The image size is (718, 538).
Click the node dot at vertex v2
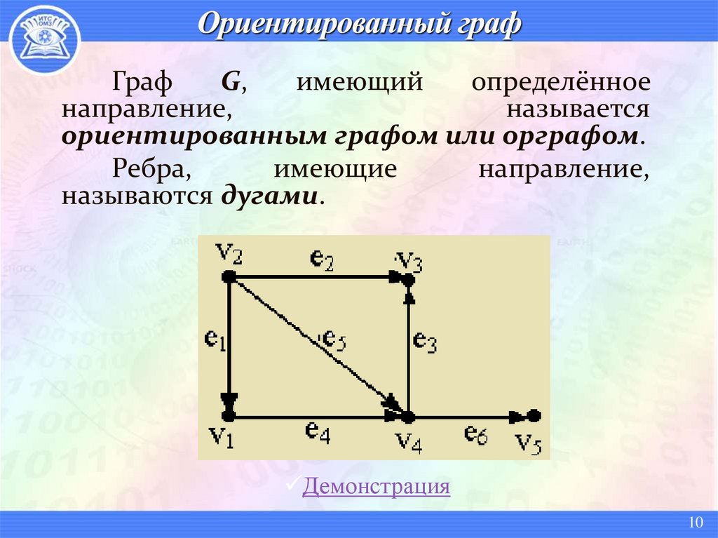click(228, 278)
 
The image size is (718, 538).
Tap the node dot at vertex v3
click(409, 279)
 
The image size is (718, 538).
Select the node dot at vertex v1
click(229, 416)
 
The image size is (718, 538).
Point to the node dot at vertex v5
click(534, 415)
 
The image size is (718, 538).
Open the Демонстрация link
click(376, 486)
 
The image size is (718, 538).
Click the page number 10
click(696, 523)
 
